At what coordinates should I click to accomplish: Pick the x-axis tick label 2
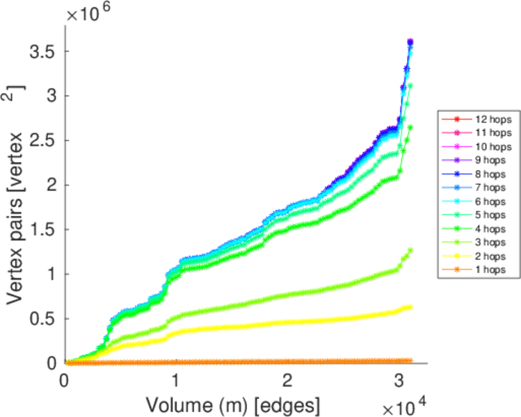click(287, 380)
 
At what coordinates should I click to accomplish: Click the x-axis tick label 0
click(65, 380)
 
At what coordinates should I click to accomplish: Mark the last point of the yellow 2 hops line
click(410, 307)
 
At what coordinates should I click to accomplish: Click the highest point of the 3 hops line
click(410, 250)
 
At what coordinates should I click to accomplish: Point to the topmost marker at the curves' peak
click(410, 42)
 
